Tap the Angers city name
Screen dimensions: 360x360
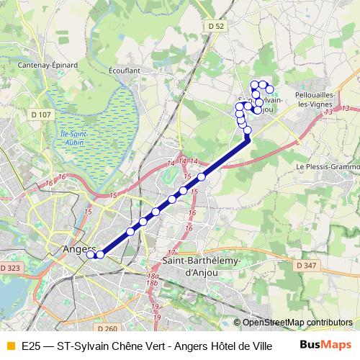[x=74, y=249]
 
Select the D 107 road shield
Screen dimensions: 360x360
[x=41, y=114]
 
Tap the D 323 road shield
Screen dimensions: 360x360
[x=11, y=268]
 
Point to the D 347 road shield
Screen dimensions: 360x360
[x=306, y=265]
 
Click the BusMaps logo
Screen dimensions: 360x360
[x=326, y=346]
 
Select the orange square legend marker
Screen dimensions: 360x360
[x=9, y=346]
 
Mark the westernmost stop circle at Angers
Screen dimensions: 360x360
[x=91, y=254]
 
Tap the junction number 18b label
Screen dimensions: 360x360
[x=152, y=276]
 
